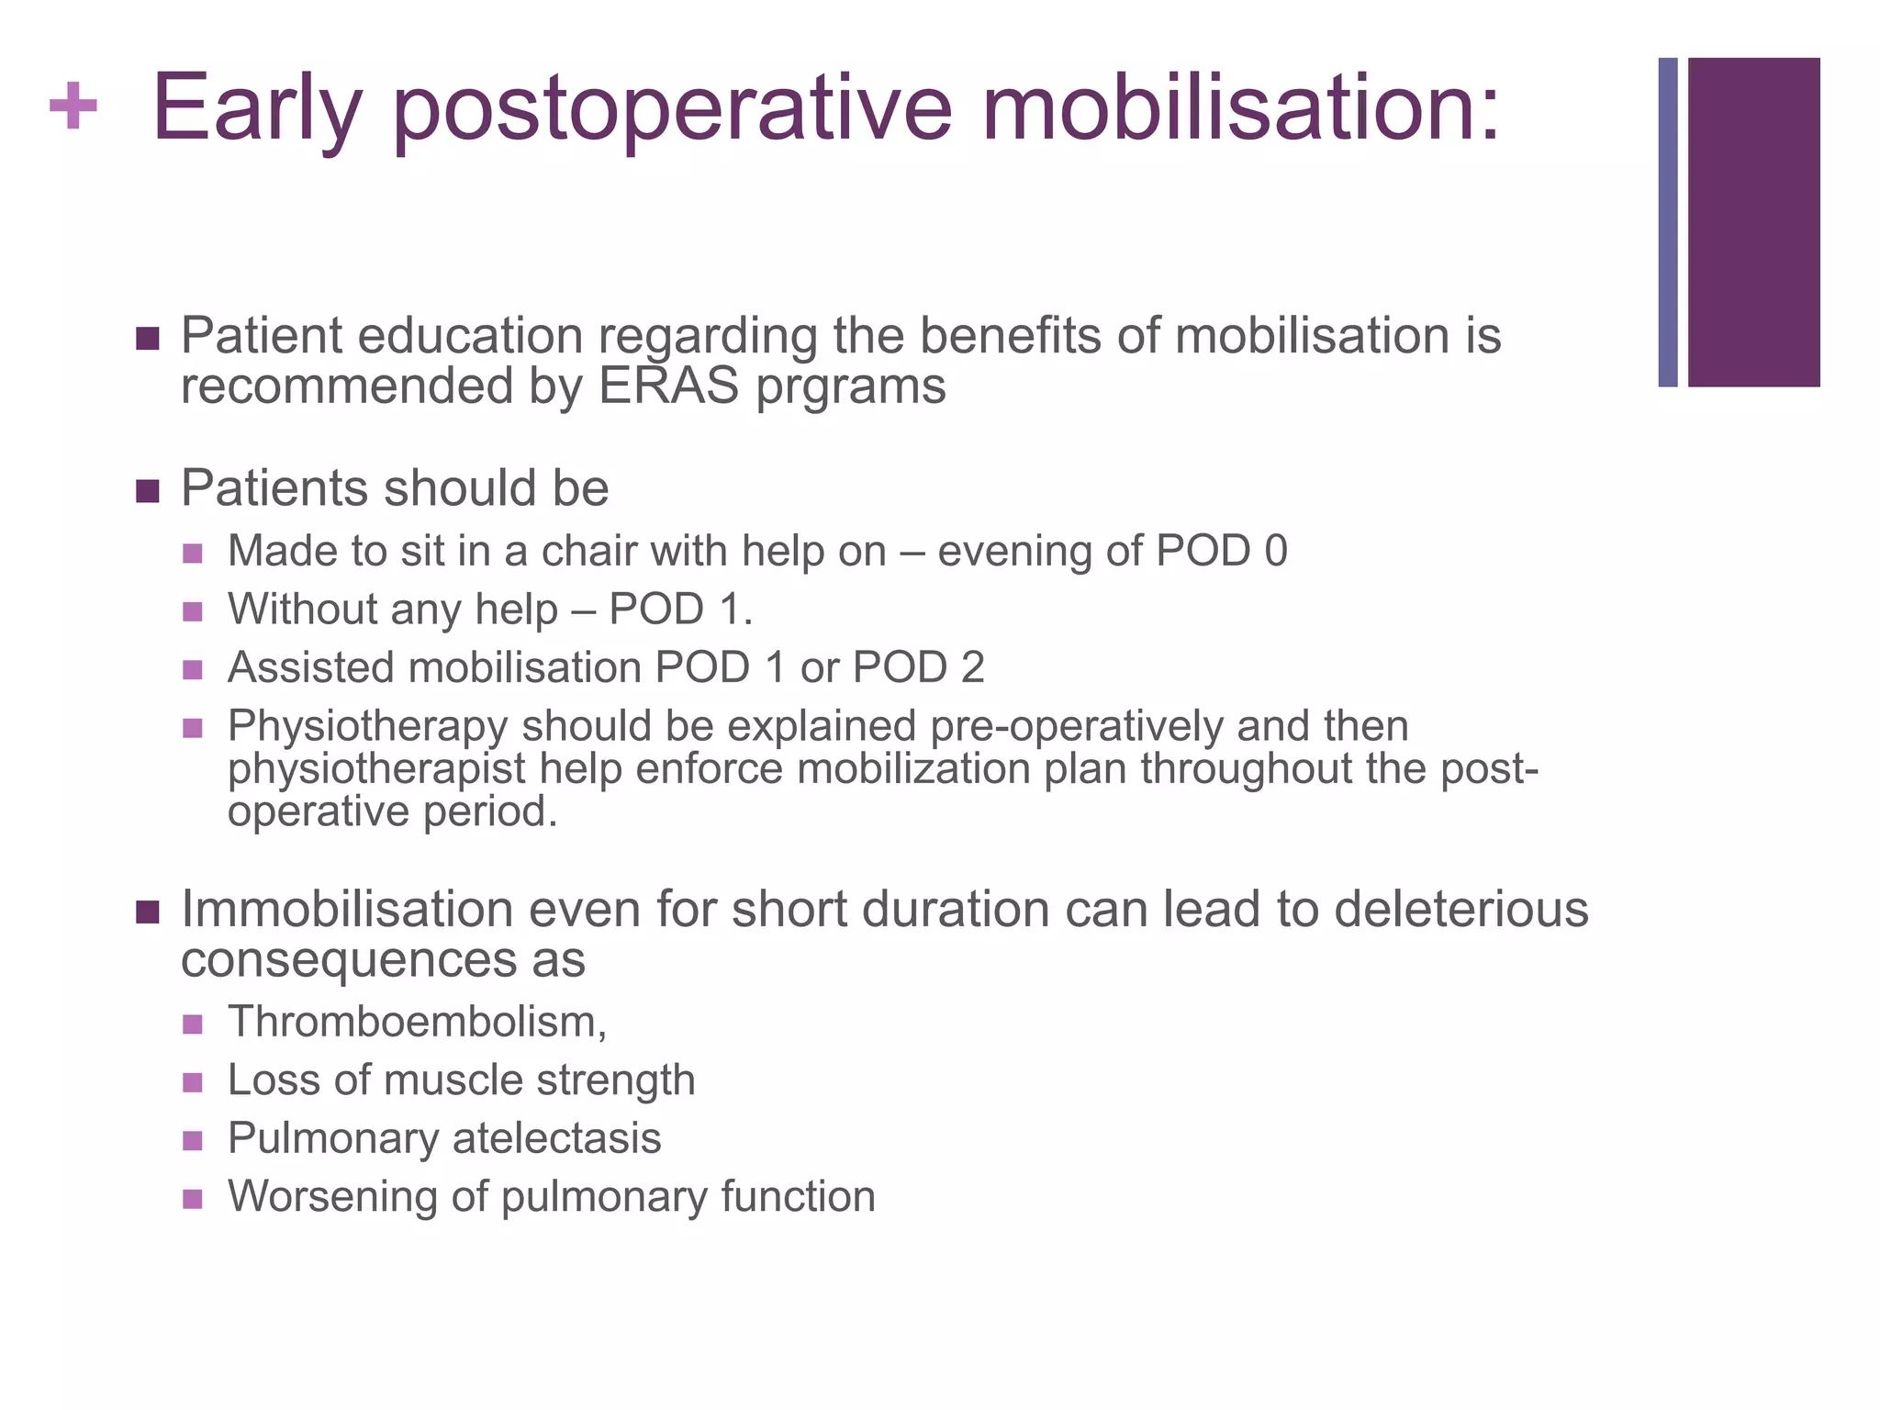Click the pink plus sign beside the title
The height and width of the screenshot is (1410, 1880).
coord(73,106)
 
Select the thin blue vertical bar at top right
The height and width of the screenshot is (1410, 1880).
coord(1667,222)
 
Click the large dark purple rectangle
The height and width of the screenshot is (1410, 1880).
coord(1753,222)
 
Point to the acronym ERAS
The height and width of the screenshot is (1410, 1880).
coord(668,386)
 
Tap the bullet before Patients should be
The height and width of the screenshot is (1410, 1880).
coord(147,491)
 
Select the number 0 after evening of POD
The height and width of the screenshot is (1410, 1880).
coord(1275,552)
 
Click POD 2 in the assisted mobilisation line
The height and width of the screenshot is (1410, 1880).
coord(918,667)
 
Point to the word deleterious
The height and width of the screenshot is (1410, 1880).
coord(1460,910)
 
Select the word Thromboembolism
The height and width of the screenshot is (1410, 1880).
coord(415,1022)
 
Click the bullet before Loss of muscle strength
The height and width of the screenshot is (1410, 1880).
coord(192,1082)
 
